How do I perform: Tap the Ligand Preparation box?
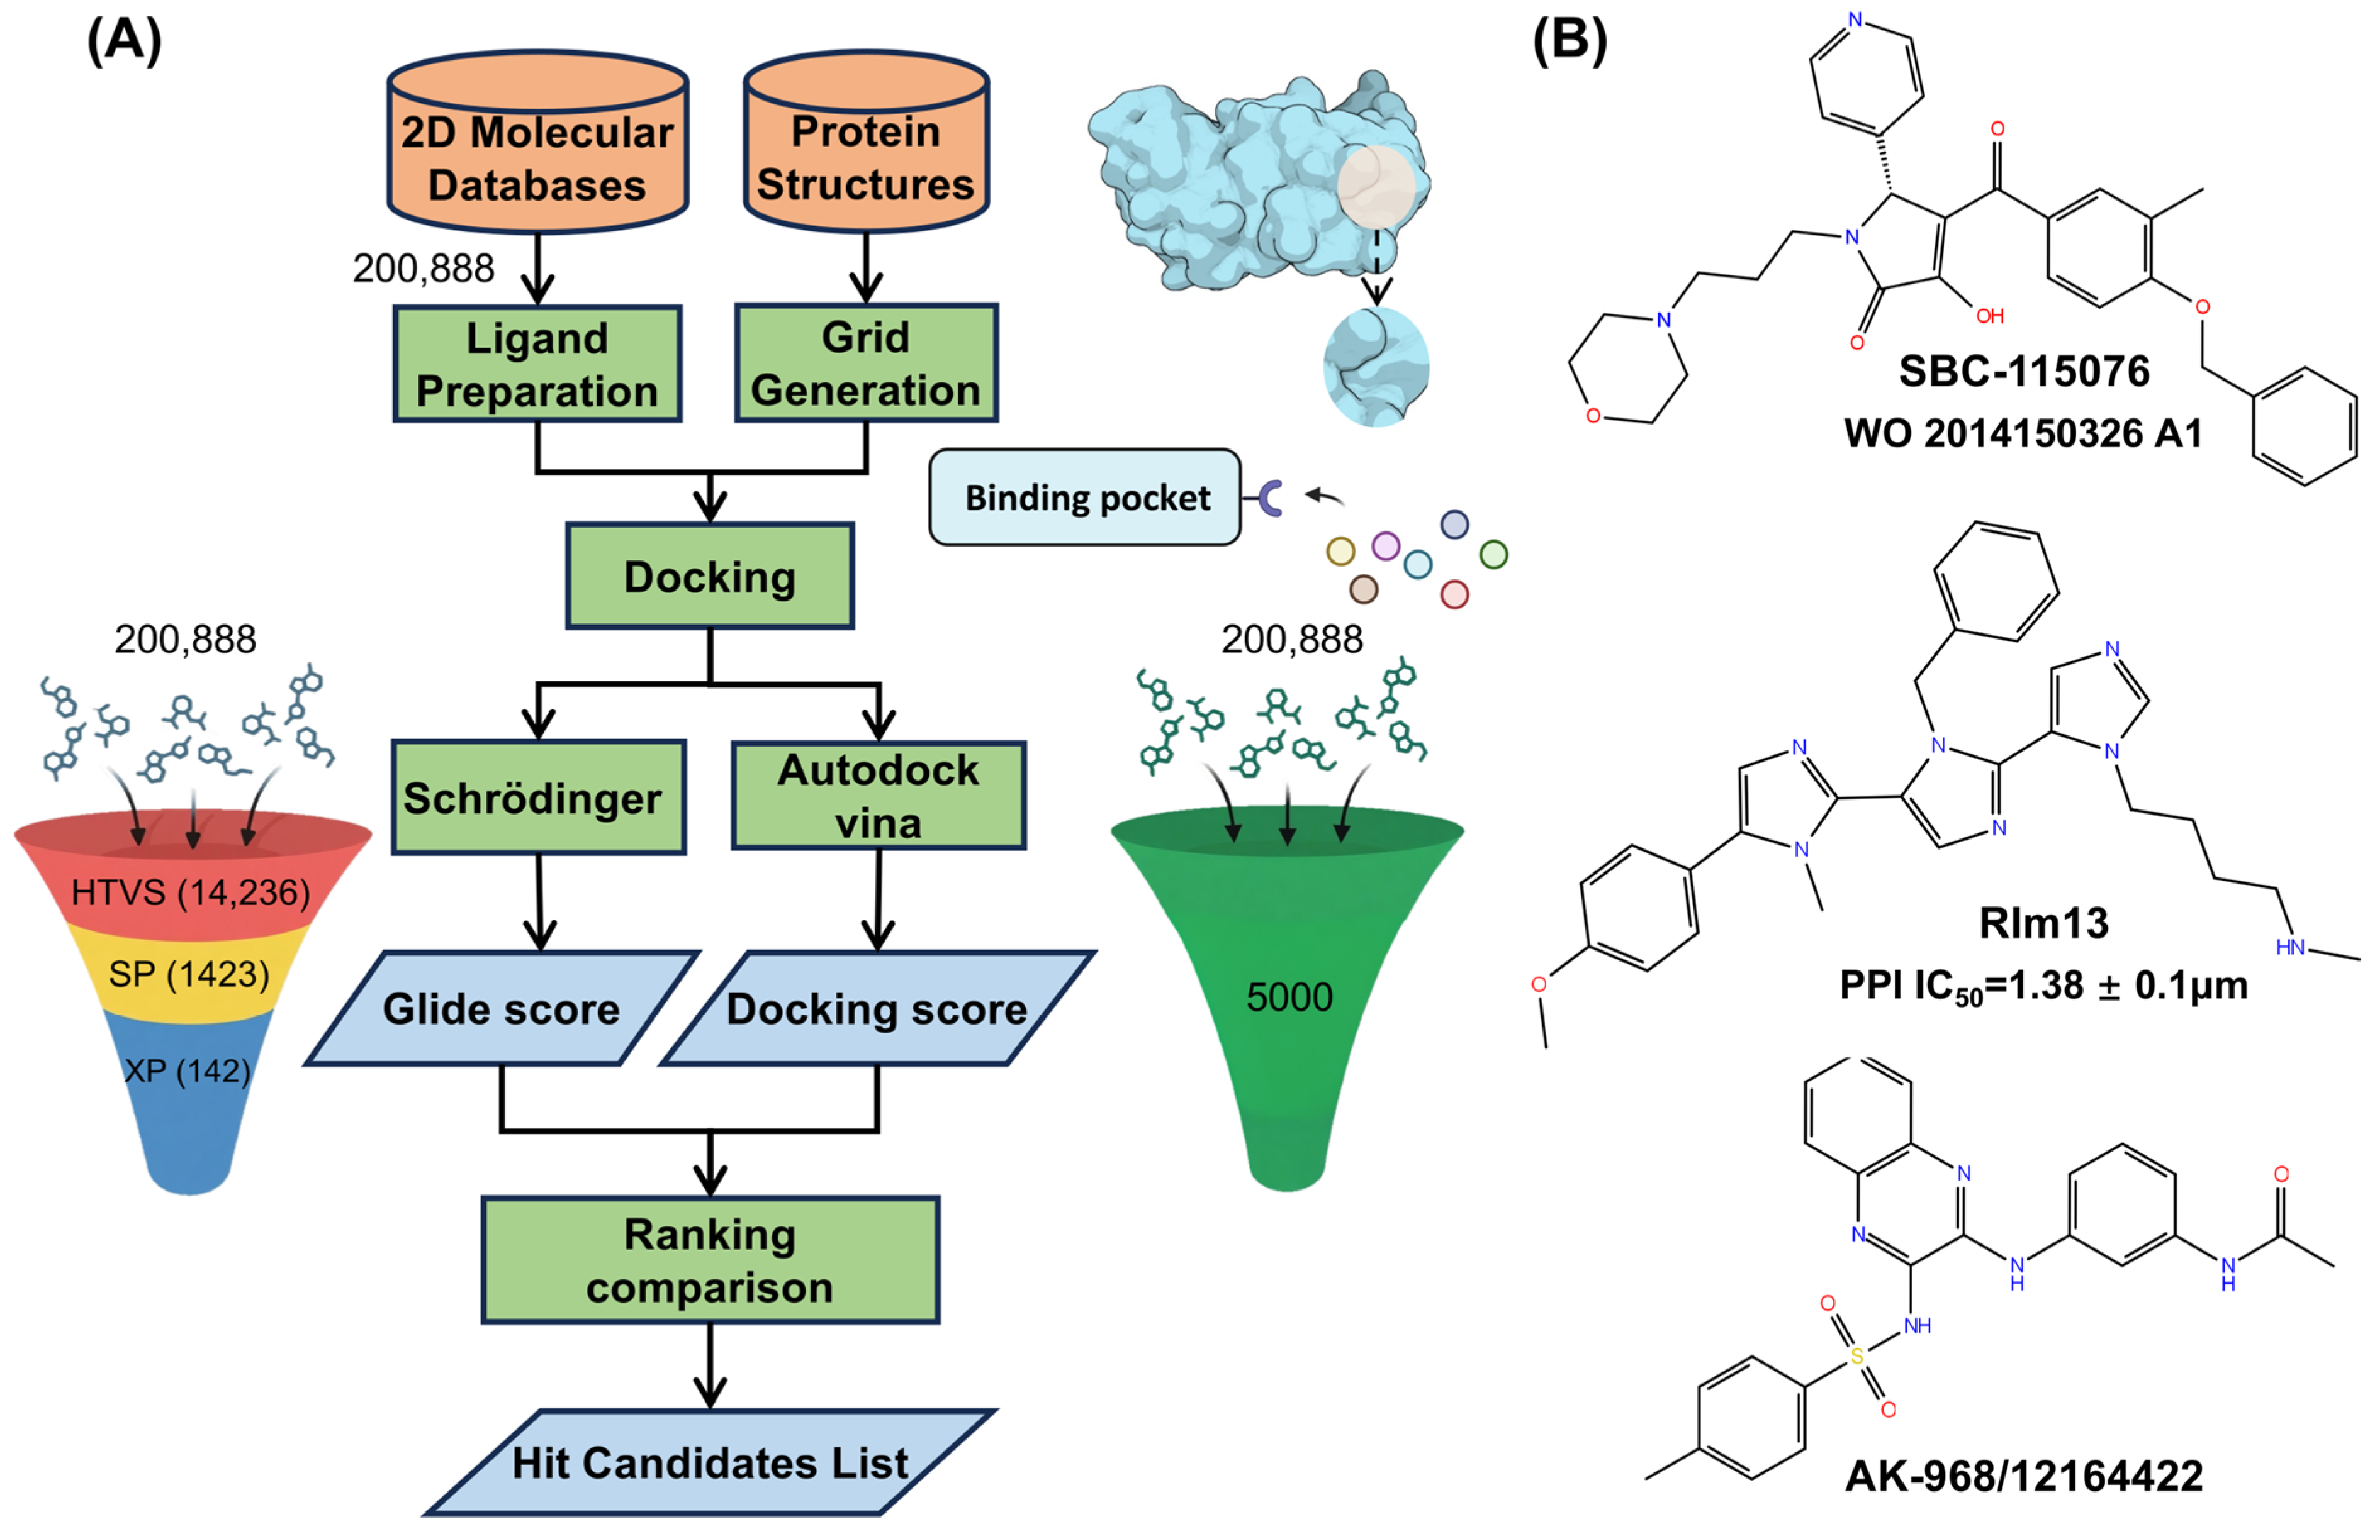point(537,364)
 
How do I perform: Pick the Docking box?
point(709,576)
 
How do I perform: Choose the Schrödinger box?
point(537,798)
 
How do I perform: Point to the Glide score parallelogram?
point(502,1009)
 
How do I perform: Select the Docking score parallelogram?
point(877,1009)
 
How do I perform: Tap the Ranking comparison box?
point(709,1260)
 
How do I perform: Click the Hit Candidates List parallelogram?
point(709,1462)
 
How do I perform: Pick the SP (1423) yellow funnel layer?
point(189,974)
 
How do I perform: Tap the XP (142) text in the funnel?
point(188,1070)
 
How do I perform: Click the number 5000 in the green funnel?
point(1288,997)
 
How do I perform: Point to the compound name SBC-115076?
point(2023,371)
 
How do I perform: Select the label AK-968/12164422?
point(2023,1476)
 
